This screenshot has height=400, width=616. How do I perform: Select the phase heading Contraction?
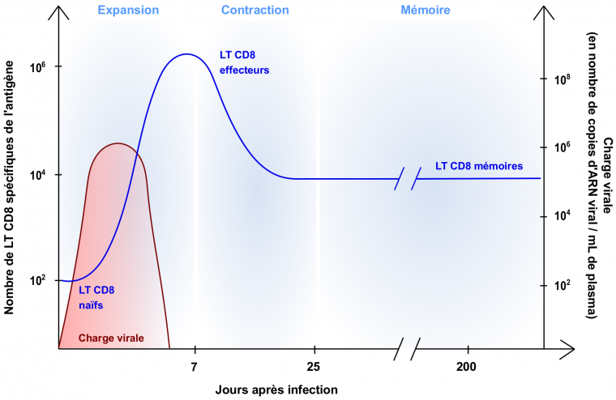[255, 11]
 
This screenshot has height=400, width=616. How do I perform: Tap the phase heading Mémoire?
[426, 11]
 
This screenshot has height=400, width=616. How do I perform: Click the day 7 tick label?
[195, 367]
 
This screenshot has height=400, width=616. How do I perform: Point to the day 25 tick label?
[314, 367]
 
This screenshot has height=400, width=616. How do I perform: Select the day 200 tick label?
[466, 367]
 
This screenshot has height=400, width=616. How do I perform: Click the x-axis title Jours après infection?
[276, 389]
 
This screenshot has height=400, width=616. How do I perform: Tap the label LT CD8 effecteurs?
[245, 62]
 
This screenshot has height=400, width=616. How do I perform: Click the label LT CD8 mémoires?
[479, 166]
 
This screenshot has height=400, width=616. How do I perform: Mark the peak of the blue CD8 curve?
[186, 54]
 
